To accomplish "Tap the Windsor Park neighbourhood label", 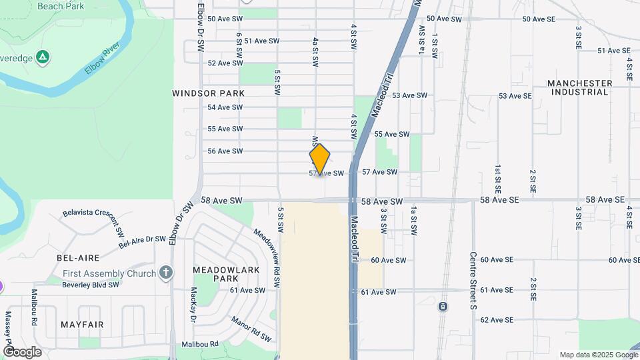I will [208, 93].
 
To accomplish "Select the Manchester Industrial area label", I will [579, 87].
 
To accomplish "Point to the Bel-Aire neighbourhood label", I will [78, 257].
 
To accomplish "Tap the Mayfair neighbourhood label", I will [82, 324].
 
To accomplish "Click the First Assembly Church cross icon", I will [166, 273].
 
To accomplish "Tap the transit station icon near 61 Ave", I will [443, 307].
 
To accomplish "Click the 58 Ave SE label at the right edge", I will [605, 200].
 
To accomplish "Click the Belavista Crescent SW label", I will [93, 223].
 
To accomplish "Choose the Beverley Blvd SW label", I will [91, 285].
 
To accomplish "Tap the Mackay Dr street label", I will [194, 304].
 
